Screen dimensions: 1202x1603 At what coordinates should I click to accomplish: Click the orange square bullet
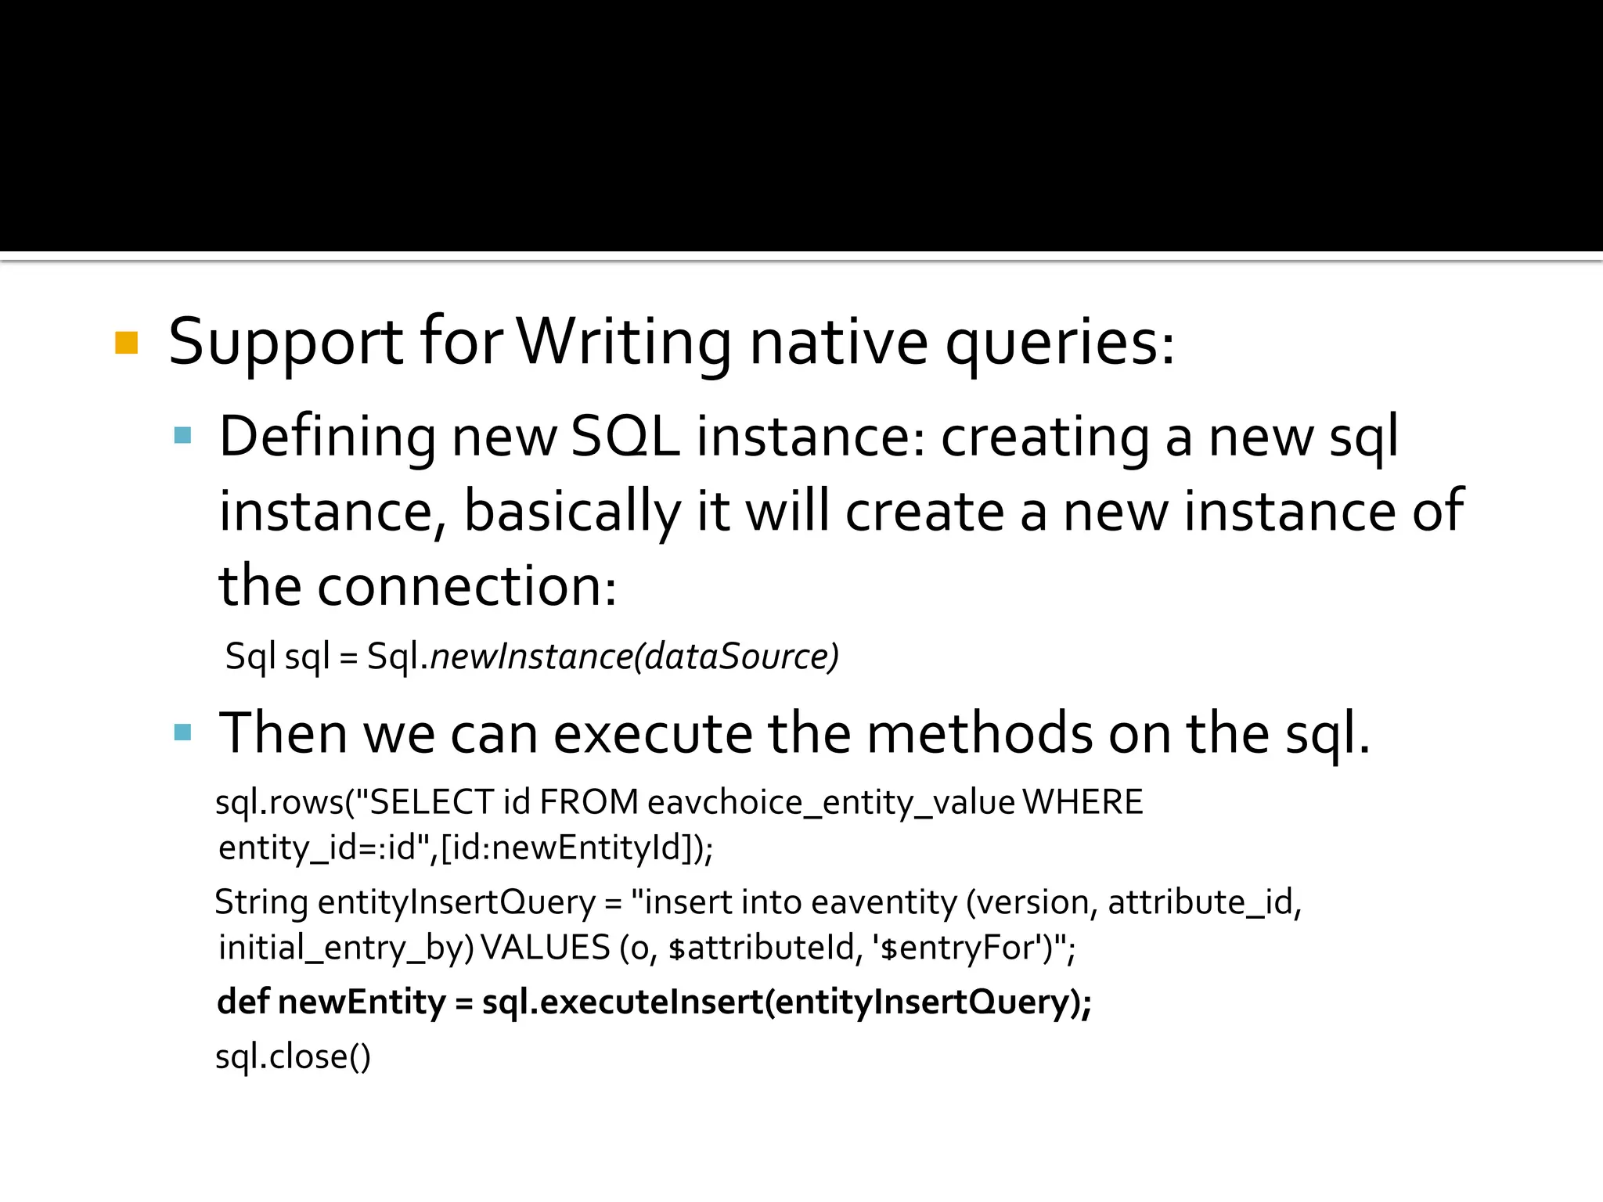coord(126,343)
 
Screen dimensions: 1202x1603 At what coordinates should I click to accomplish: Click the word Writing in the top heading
coord(624,343)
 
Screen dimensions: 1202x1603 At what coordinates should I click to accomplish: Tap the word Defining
coord(327,437)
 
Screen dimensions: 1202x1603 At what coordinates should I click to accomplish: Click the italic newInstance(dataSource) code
coord(634,656)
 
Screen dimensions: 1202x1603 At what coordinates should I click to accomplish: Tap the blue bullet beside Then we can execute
coord(183,732)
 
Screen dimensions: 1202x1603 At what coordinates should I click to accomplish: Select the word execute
coord(654,734)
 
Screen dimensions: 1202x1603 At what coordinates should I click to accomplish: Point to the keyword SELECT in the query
coord(430,802)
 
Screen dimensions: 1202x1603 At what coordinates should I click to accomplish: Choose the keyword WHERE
coord(1082,802)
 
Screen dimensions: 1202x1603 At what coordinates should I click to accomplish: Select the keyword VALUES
coord(545,948)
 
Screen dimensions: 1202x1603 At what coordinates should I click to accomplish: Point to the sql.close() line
coord(293,1057)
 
